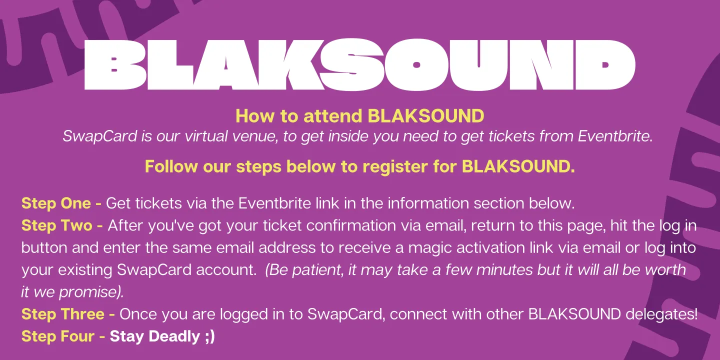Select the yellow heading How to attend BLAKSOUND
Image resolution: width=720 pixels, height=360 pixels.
[359, 116]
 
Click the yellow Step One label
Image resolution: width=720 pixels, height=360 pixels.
[61, 203]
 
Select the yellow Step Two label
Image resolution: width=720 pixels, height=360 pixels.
[62, 225]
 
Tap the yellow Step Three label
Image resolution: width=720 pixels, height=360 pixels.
[68, 314]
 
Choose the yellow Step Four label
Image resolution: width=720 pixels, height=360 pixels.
[63, 336]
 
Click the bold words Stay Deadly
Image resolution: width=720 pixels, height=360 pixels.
[154, 336]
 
